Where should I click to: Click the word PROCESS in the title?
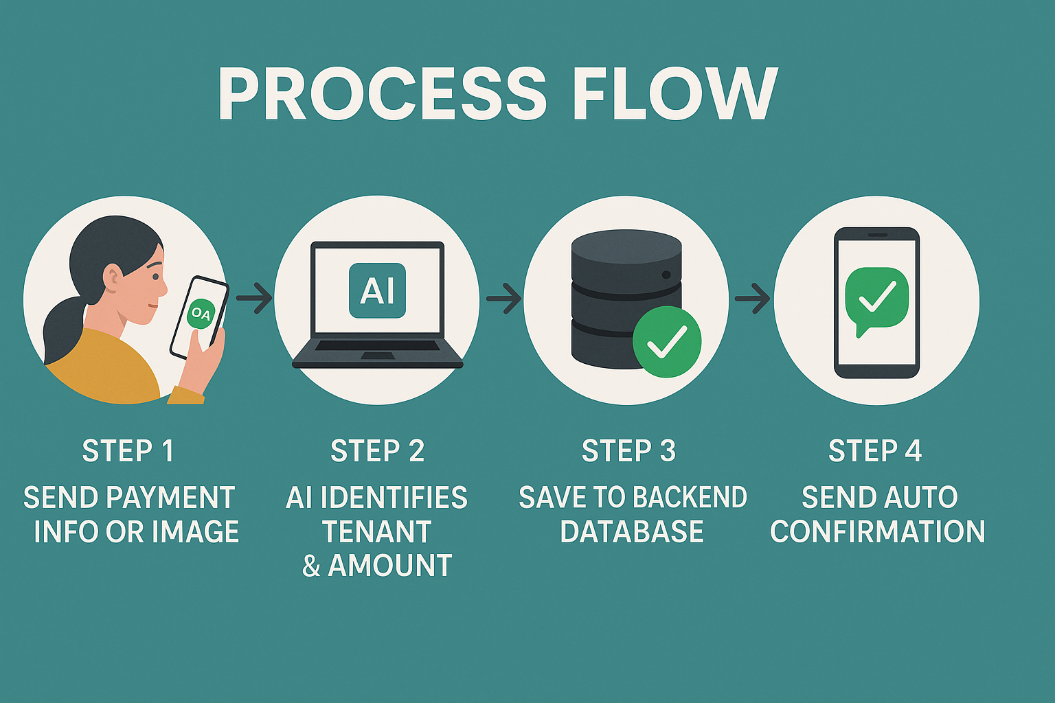[382, 95]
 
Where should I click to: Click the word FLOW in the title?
[675, 95]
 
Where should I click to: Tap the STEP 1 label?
[128, 451]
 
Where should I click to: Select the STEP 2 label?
[377, 451]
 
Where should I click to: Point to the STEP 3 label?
[628, 451]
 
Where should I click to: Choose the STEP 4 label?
[874, 451]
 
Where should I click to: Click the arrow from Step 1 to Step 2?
[254, 298]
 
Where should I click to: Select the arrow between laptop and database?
[504, 298]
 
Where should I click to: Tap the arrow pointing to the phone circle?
[753, 298]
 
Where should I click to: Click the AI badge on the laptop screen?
[377, 290]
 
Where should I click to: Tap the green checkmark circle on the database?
[666, 341]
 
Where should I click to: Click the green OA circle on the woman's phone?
[201, 314]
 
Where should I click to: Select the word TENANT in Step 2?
[377, 532]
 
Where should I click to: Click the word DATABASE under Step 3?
[632, 532]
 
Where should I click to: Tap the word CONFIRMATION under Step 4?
[877, 532]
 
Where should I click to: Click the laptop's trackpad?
[377, 355]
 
